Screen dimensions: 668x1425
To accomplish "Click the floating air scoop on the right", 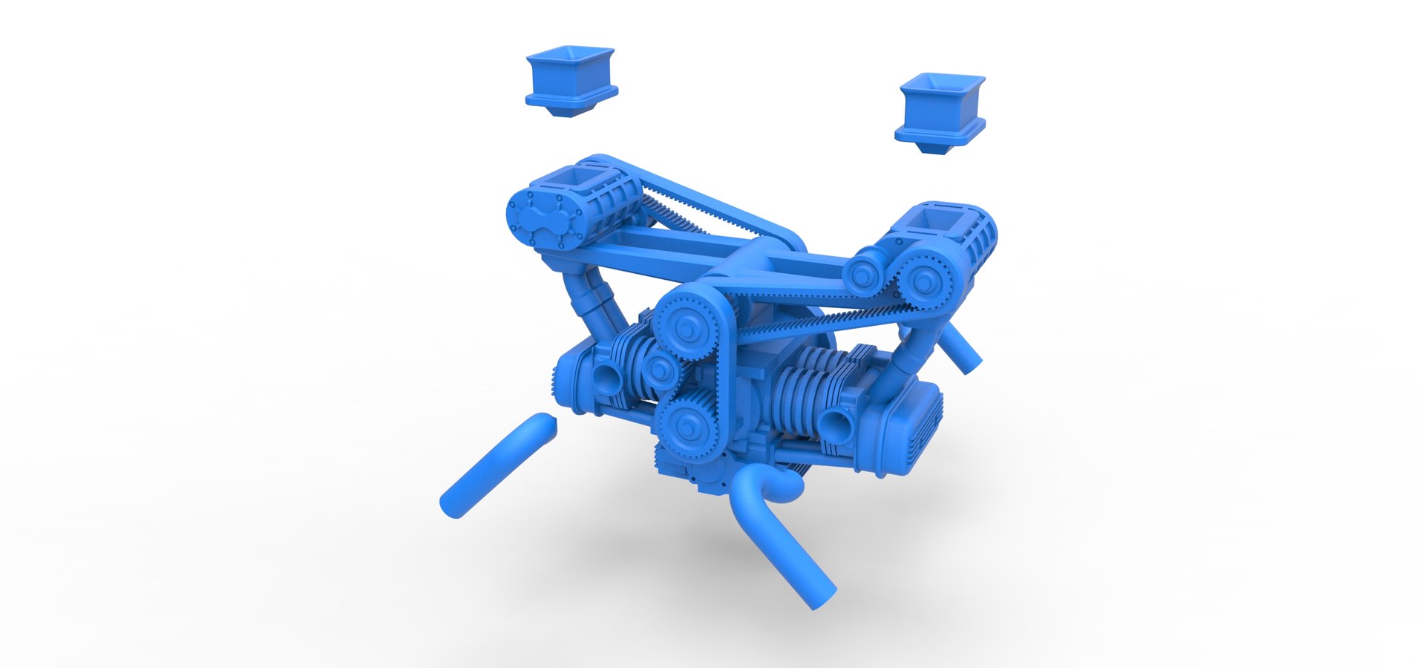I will pyautogui.click(x=940, y=111).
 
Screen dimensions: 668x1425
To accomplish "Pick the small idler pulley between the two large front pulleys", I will pyautogui.click(x=658, y=368).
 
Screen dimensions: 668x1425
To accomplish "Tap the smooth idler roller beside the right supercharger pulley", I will pyautogui.click(x=865, y=275).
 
